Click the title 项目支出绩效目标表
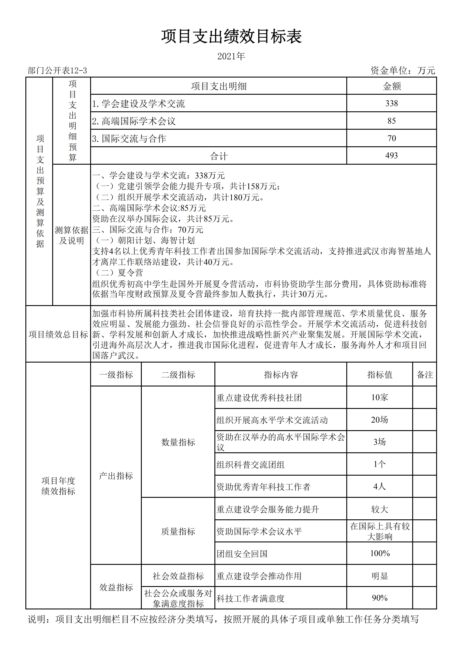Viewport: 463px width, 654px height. pos(231,37)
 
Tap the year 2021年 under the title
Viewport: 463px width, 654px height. pos(231,56)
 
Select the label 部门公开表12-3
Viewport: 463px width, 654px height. pos(57,71)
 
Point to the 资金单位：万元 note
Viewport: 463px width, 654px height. pos(403,71)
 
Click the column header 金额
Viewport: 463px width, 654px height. pos(392,86)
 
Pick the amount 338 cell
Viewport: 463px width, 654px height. pos(392,103)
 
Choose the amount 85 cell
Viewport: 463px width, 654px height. pos(392,121)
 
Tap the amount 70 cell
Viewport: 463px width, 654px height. pos(392,138)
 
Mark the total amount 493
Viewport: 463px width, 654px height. pos(392,156)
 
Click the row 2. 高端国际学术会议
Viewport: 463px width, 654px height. pos(134,121)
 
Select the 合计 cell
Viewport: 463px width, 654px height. pos(219,156)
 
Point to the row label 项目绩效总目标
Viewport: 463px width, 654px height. pos(58,335)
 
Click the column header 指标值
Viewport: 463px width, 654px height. pos(380,375)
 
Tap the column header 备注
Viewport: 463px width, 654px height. pos(425,375)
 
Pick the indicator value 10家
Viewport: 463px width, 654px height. pos(380,398)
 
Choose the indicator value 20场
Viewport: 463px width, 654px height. pos(380,420)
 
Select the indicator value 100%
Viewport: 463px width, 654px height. pos(380,554)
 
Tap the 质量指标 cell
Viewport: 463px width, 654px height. pos(178,532)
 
